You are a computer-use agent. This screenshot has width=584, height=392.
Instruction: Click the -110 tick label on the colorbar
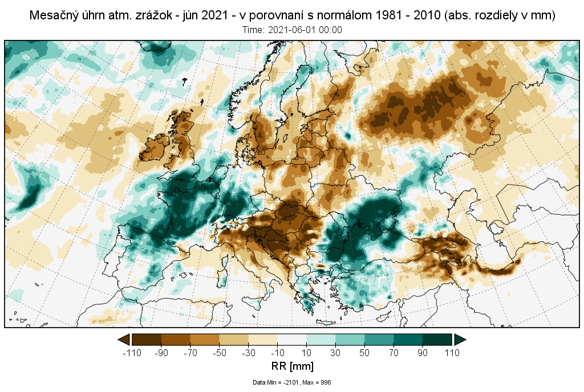click(x=132, y=353)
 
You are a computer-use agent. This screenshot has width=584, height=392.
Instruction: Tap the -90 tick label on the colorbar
click(x=161, y=353)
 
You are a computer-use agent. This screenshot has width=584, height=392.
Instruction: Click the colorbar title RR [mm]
click(x=291, y=366)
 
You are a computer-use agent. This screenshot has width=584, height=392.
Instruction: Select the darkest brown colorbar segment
click(x=147, y=340)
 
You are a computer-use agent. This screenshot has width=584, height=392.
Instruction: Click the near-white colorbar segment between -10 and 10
click(x=291, y=340)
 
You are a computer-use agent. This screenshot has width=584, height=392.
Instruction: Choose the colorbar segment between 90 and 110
click(x=437, y=340)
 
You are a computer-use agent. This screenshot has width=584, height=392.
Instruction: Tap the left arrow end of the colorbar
click(x=123, y=340)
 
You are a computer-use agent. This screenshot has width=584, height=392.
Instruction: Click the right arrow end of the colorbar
click(x=460, y=340)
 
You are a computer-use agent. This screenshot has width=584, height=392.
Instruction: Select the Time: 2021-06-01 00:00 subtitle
click(x=292, y=30)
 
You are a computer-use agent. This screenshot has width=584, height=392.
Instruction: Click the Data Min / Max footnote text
click(x=291, y=382)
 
